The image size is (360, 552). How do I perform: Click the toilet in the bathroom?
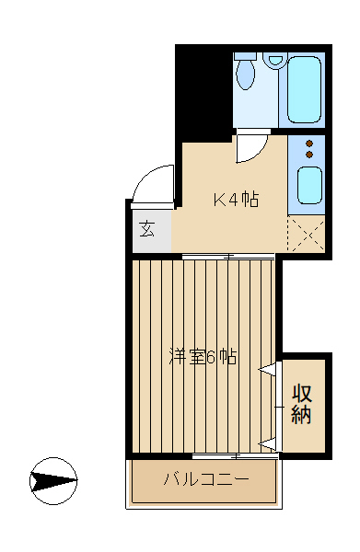245,71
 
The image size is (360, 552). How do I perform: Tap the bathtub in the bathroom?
304,90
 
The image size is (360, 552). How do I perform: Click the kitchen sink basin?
309,186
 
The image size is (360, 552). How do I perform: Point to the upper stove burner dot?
309,144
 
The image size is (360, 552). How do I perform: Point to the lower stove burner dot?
309,155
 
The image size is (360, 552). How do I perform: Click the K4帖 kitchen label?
236,200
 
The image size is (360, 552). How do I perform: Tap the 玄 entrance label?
147,228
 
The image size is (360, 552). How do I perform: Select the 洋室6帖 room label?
203,357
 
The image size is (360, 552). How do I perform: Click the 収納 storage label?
302,404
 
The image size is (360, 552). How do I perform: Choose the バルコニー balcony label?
205,479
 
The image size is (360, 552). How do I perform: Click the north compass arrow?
53,481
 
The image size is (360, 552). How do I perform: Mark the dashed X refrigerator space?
307,234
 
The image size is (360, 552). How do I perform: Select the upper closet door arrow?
268,369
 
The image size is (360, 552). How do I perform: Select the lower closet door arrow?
268,444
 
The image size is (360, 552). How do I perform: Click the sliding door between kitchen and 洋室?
228,257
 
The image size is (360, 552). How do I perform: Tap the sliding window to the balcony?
236,456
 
